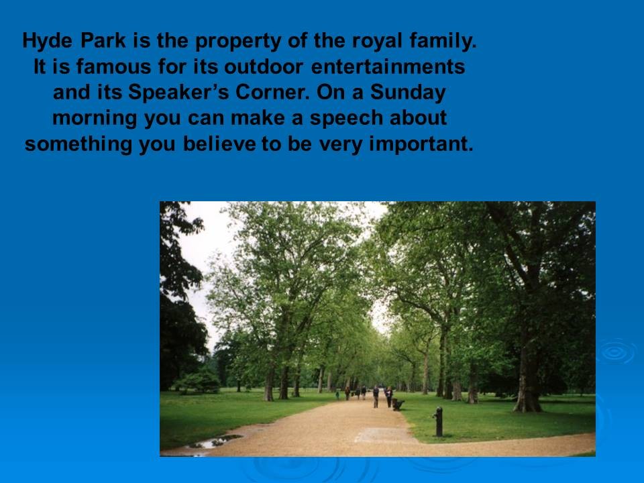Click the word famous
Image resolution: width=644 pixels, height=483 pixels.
coord(114,66)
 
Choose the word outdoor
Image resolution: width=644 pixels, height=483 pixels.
coord(264,66)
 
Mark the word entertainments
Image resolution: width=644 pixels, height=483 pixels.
coord(388,66)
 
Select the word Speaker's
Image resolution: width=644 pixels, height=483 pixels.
coord(178,93)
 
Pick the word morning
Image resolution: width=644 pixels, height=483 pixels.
coord(95,119)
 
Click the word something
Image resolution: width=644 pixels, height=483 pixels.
coord(78,144)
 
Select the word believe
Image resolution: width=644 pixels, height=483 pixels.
coord(219,144)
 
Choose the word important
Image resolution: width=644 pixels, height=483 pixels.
coord(421,144)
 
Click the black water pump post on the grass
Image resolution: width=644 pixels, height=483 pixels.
coord(439,421)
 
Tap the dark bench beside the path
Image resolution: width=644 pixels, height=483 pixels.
coord(398,405)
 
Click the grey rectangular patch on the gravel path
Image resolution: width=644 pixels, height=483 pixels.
coord(384,435)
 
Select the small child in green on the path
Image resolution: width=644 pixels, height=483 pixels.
coord(337,395)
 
